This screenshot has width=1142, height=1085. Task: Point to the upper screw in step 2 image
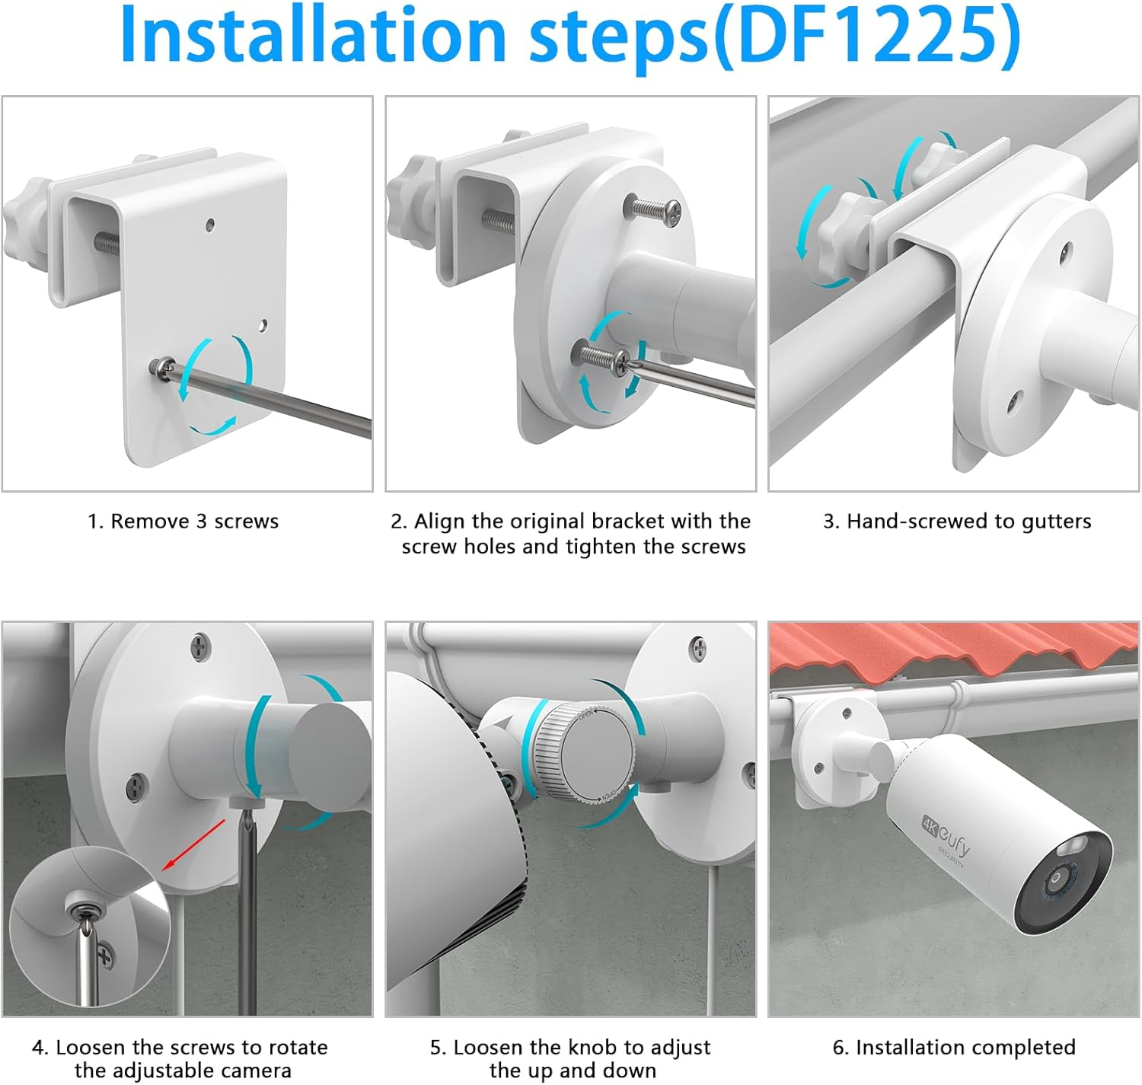[653, 210]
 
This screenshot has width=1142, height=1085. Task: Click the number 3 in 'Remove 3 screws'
[202, 522]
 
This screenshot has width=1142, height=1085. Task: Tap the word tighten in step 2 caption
[598, 547]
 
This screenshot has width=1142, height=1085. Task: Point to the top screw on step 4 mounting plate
[200, 646]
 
